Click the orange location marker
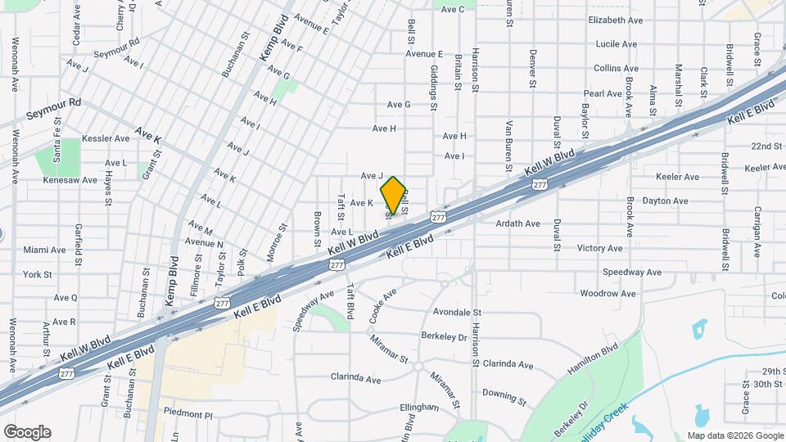393,196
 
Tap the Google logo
27,432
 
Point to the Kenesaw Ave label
70,180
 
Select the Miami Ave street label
44,250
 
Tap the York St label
38,274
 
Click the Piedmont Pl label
187,414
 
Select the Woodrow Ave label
608,293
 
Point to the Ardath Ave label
518,223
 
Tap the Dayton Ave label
665,201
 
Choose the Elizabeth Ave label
615,20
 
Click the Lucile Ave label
617,44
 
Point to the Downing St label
504,396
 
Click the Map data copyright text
734,435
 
